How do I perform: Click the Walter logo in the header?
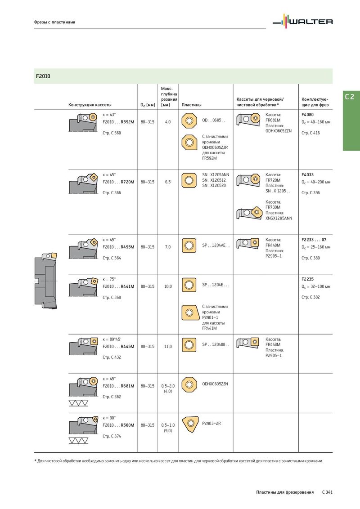click(302, 22)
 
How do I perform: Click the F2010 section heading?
click(43, 76)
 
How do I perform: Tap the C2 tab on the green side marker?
click(350, 97)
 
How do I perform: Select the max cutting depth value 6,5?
click(168, 182)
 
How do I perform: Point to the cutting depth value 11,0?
click(168, 347)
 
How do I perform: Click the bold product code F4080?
click(308, 115)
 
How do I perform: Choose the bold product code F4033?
click(308, 174)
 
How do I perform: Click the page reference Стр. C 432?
click(112, 357)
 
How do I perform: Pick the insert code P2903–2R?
click(211, 424)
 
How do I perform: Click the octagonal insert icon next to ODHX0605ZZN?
click(189, 384)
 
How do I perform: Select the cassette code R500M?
click(127, 425)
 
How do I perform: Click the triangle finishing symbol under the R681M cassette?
click(78, 403)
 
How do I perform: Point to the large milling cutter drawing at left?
click(46, 281)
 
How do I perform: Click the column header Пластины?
click(191, 105)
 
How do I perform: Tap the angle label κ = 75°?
click(109, 279)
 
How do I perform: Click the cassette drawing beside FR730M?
click(249, 213)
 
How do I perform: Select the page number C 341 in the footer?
click(327, 492)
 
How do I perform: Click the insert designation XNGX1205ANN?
click(279, 219)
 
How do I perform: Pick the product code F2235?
click(308, 279)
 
